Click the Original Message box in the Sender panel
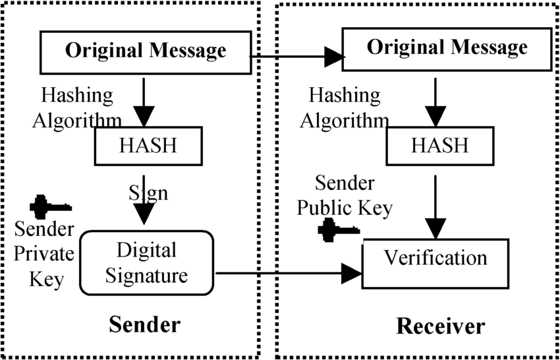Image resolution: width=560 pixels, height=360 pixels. [x=146, y=52]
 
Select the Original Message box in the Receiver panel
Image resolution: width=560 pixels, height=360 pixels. [x=447, y=49]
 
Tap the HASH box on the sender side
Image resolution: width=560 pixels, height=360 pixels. [x=148, y=146]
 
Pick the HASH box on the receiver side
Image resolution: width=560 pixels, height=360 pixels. [x=440, y=146]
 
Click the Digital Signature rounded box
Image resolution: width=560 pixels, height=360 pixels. [x=146, y=263]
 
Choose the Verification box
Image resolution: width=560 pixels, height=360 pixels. [x=435, y=264]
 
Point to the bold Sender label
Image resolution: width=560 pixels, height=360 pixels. [x=145, y=325]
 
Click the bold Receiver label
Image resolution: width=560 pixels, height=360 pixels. [x=441, y=326]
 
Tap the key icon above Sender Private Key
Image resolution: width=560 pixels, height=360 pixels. [x=50, y=206]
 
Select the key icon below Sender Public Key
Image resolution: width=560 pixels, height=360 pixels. [x=339, y=230]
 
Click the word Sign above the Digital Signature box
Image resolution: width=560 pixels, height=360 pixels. [x=148, y=193]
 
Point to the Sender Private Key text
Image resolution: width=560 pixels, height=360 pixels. [x=44, y=255]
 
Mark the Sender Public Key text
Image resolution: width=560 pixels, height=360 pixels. [x=345, y=196]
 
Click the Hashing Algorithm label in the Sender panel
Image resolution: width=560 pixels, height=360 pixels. [x=77, y=108]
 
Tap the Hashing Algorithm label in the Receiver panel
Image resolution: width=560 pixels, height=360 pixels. [x=345, y=108]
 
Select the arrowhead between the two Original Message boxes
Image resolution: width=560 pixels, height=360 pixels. [x=334, y=57]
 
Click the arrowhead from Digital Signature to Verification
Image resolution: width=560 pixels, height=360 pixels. [x=352, y=274]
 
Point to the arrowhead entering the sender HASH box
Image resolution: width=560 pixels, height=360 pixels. [x=144, y=117]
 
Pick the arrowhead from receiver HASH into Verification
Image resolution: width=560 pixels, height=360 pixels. [x=435, y=229]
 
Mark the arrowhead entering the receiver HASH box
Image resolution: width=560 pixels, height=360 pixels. [x=435, y=117]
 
